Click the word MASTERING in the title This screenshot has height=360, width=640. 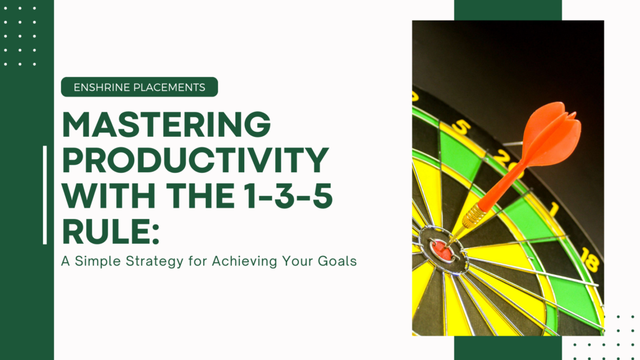[x=166, y=124]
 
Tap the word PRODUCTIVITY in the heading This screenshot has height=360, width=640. [x=196, y=160]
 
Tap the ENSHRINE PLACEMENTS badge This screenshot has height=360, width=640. [x=139, y=87]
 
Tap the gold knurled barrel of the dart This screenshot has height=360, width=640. [x=474, y=215]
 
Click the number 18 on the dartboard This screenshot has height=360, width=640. [x=590, y=259]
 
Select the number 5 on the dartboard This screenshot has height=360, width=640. [x=462, y=127]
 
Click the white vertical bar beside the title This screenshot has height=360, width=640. [x=45, y=195]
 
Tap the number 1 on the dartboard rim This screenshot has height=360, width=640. [x=554, y=210]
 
